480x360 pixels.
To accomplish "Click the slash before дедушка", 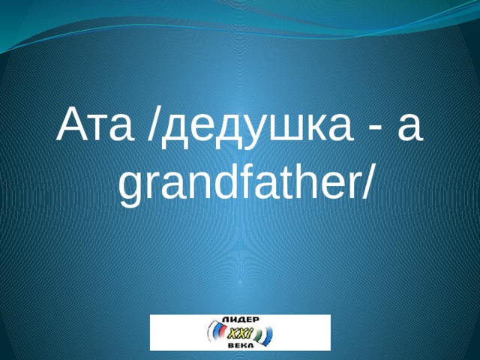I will tap(154, 125).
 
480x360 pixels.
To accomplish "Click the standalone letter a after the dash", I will tap(409, 128).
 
